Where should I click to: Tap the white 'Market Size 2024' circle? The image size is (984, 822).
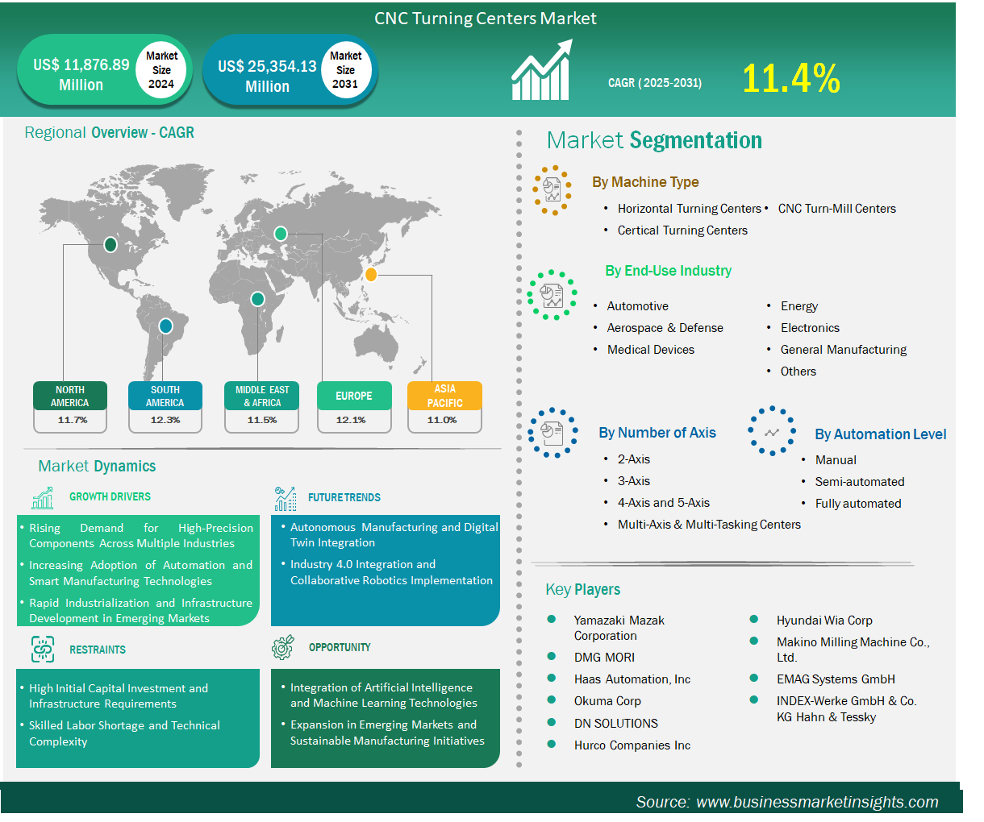pyautogui.click(x=161, y=69)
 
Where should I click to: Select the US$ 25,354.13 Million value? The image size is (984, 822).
pyautogui.click(x=267, y=76)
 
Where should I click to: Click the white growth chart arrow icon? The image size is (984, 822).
pyautogui.click(x=542, y=69)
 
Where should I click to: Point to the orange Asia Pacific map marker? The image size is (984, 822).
pyautogui.click(x=371, y=274)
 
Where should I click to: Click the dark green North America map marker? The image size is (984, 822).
pyautogui.click(x=110, y=244)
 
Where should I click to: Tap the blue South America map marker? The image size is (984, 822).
pyautogui.click(x=165, y=326)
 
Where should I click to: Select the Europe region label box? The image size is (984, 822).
pyautogui.click(x=354, y=396)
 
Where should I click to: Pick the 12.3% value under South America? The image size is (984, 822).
pyautogui.click(x=165, y=420)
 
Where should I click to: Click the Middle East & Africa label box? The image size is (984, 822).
pyautogui.click(x=261, y=396)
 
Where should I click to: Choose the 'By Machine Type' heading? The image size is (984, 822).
pyautogui.click(x=644, y=181)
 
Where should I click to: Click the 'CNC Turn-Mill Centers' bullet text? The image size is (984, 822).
pyautogui.click(x=836, y=208)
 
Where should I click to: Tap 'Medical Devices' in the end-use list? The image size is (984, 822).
pyautogui.click(x=650, y=349)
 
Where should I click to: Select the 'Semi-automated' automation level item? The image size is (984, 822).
pyautogui.click(x=859, y=481)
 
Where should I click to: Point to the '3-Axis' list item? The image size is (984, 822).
pyautogui.click(x=633, y=480)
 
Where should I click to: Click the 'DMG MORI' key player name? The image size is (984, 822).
pyautogui.click(x=603, y=657)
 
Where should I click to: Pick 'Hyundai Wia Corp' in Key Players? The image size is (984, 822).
pyautogui.click(x=823, y=620)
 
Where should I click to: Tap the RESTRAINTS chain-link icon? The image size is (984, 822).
pyautogui.click(x=43, y=649)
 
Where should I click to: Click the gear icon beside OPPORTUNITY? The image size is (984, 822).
pyautogui.click(x=283, y=647)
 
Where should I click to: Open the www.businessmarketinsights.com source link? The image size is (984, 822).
pyautogui.click(x=816, y=801)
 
